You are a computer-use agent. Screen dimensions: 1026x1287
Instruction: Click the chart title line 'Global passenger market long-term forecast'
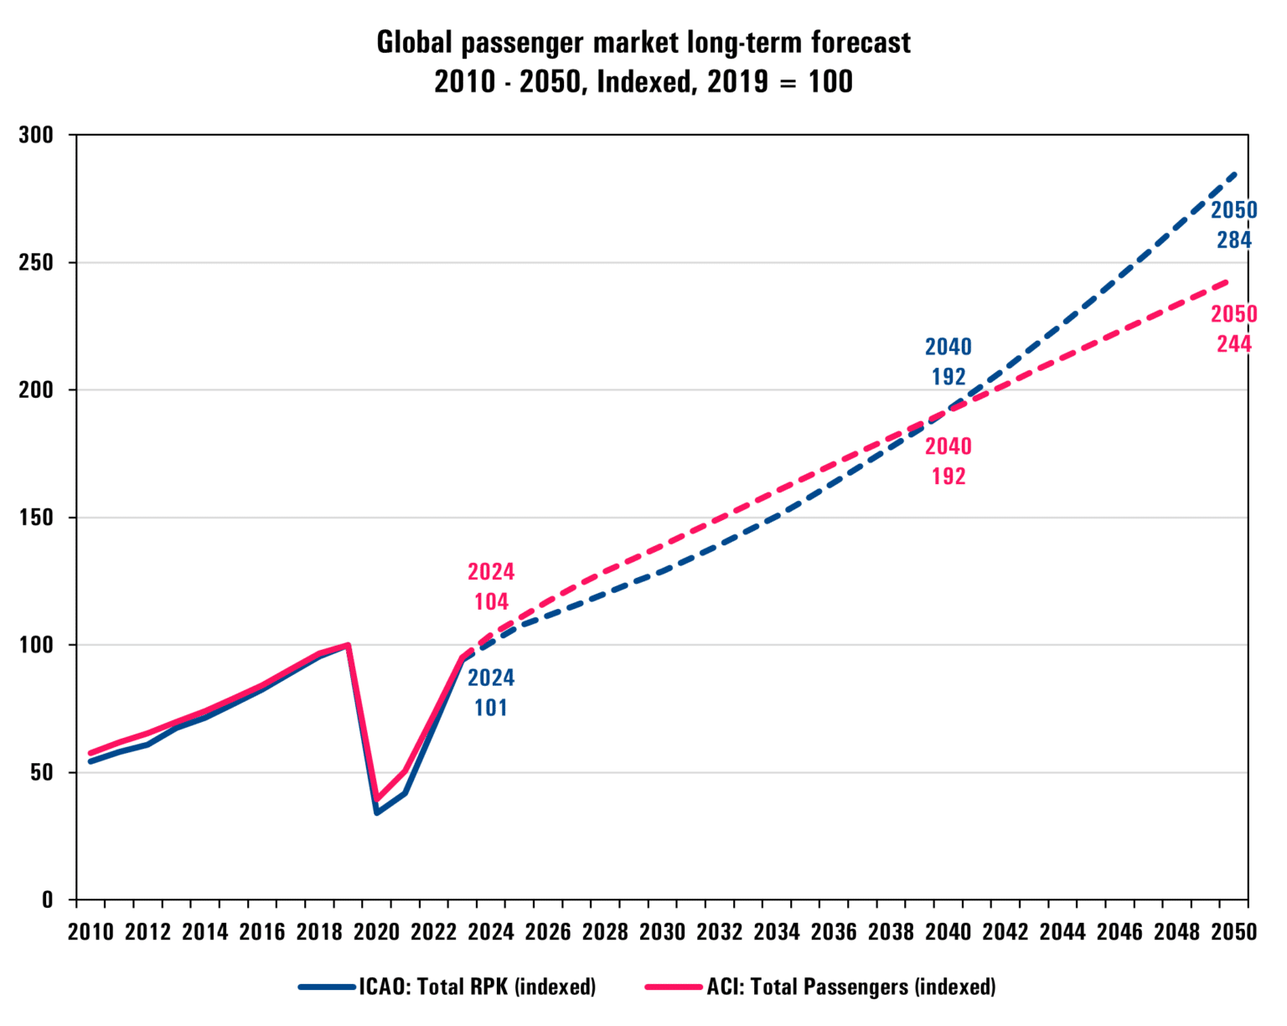click(643, 43)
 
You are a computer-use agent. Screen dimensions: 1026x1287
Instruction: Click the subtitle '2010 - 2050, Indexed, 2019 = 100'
click(643, 82)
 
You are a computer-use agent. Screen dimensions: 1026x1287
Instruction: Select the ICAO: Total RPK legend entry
click(447, 987)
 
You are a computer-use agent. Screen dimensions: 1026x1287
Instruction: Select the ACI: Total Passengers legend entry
click(820, 987)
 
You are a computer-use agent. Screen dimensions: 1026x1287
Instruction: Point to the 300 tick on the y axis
click(36, 135)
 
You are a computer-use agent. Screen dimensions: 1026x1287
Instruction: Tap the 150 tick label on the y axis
click(36, 518)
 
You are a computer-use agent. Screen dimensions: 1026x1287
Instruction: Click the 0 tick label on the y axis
click(47, 900)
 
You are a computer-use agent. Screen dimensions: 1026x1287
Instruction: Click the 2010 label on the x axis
click(90, 931)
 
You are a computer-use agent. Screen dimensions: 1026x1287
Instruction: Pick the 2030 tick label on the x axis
click(662, 931)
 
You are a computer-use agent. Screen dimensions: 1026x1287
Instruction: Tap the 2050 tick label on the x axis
click(1233, 931)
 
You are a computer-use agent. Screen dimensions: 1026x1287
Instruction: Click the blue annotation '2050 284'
click(1233, 224)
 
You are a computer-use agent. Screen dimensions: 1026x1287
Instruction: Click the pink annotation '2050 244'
click(1233, 328)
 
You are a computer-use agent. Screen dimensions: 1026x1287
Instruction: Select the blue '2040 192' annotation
click(948, 361)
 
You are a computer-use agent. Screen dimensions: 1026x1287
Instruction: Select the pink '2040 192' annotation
click(948, 461)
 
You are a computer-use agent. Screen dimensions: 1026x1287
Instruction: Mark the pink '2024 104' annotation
click(491, 586)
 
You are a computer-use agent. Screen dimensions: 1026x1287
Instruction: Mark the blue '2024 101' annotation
click(491, 692)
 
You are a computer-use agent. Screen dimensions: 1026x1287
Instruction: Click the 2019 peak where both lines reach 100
click(348, 645)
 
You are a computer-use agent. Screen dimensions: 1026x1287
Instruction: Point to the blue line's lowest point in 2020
click(376, 812)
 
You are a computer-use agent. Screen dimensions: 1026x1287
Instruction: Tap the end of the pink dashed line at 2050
click(1227, 281)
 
